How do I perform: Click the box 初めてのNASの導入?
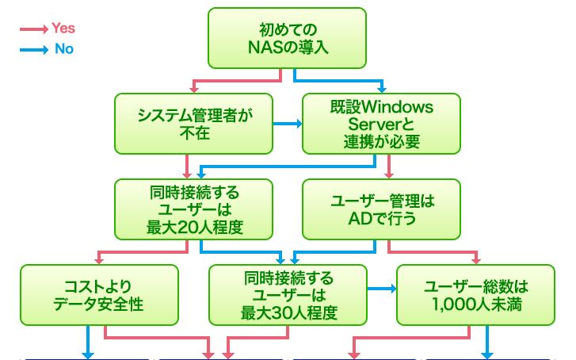click(x=288, y=38)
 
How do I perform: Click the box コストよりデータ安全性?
click(x=98, y=294)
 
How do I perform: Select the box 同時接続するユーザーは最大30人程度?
click(x=288, y=294)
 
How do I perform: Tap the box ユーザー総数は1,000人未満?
click(x=476, y=294)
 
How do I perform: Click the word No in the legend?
click(x=63, y=49)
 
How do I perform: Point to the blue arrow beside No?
click(x=33, y=49)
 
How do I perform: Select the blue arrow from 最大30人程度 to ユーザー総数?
click(x=381, y=289)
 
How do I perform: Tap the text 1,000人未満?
click(x=476, y=303)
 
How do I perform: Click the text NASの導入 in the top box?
click(x=288, y=47)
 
